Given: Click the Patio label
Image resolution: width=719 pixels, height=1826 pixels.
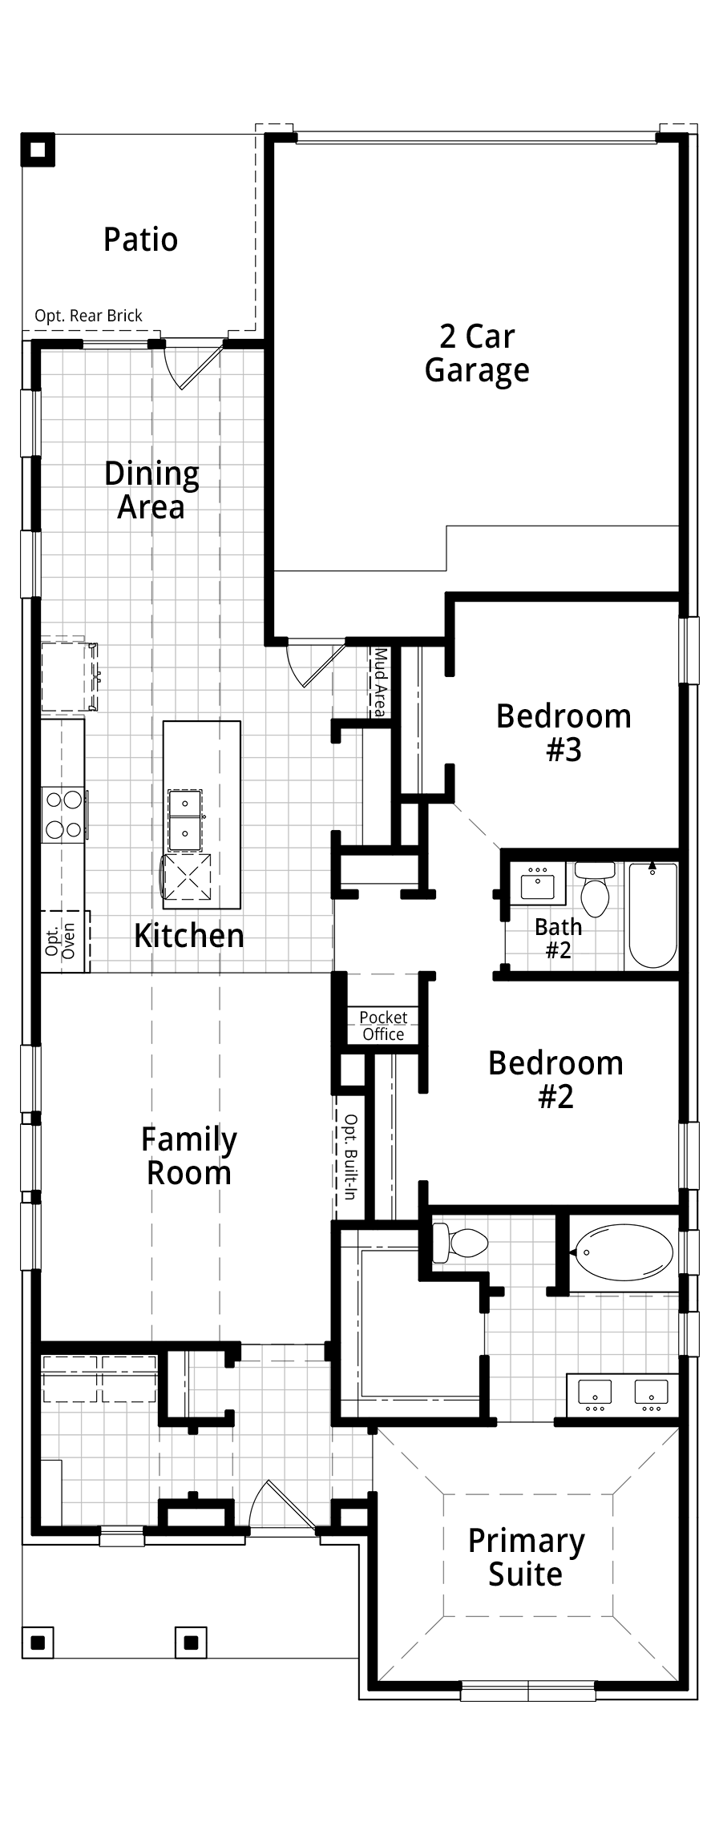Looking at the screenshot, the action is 140,240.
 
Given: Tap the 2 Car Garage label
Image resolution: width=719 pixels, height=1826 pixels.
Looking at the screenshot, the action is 477,353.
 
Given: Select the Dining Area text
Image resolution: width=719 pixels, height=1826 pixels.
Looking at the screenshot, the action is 151,490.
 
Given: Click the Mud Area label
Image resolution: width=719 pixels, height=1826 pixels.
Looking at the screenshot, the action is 380,683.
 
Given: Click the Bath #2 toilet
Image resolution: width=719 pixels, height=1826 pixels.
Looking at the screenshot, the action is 595,889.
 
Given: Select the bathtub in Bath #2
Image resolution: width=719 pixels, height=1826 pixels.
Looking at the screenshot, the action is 653,915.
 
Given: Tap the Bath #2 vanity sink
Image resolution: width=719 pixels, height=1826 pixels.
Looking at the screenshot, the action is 537,884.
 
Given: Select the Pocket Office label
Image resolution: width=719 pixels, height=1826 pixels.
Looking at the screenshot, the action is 383,1026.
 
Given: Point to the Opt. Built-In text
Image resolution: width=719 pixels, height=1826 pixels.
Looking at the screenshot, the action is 349,1156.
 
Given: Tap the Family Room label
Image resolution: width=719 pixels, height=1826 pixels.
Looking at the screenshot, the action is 189,1156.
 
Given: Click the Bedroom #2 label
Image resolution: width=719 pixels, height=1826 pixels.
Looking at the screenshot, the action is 555,1079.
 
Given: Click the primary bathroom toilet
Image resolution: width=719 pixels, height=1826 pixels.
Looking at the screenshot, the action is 459,1243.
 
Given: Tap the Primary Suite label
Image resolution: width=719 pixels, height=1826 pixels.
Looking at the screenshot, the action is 526,1558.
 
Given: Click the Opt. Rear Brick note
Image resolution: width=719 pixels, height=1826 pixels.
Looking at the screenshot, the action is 88,316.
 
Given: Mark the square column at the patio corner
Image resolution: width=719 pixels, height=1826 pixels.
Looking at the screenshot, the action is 38,149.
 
